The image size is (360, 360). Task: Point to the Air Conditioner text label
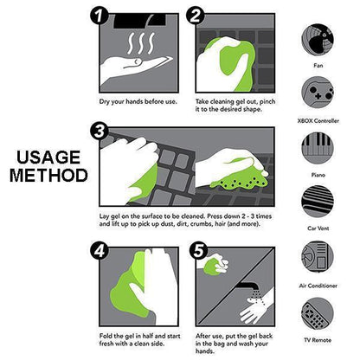(319, 286)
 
